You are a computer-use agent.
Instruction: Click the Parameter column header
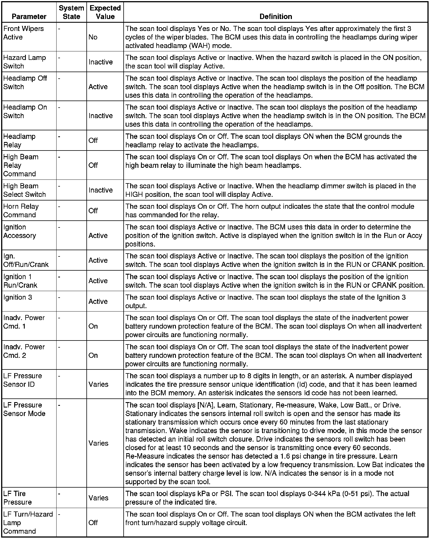(x=29, y=16)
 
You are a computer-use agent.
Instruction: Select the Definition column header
(x=276, y=16)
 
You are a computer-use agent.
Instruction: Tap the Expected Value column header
(x=105, y=12)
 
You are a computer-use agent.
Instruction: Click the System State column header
(x=71, y=12)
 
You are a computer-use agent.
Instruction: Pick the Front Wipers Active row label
(x=24, y=33)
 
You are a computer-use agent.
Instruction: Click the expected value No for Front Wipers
(x=93, y=37)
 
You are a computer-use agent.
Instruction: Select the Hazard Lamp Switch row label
(x=24, y=62)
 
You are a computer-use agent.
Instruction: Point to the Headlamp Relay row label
(x=19, y=141)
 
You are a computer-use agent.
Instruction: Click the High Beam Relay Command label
(x=21, y=165)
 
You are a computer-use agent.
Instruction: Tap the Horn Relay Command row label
(x=21, y=211)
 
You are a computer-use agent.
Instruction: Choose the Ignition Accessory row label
(x=20, y=231)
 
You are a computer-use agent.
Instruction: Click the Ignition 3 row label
(x=18, y=297)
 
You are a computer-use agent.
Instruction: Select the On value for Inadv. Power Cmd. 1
(x=93, y=326)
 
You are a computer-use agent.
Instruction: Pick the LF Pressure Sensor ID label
(x=23, y=380)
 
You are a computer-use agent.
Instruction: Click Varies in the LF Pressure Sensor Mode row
(x=98, y=443)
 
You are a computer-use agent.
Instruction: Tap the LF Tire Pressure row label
(x=18, y=498)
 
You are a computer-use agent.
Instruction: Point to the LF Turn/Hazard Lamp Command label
(x=28, y=523)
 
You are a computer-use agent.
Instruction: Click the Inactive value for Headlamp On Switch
(x=101, y=116)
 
